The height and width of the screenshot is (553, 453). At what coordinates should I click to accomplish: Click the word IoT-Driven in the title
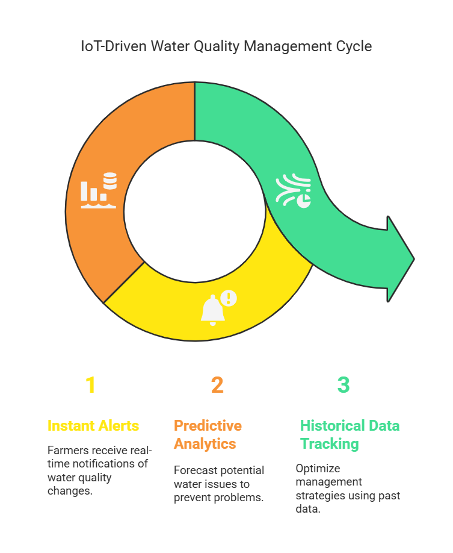point(114,46)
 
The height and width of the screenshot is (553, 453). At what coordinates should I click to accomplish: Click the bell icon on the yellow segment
point(212,310)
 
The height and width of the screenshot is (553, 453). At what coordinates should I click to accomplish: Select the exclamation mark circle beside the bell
point(229,298)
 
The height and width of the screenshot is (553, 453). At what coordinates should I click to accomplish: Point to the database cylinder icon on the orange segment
point(110,181)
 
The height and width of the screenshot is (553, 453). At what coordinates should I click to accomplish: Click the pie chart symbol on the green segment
point(304,201)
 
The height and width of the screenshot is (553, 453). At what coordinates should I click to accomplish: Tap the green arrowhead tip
point(414,259)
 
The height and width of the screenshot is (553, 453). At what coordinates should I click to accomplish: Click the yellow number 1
point(90,384)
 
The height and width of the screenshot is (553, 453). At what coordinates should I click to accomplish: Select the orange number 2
point(217,384)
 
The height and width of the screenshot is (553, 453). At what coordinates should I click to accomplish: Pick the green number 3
point(344,384)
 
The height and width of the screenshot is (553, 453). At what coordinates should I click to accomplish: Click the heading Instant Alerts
point(93,426)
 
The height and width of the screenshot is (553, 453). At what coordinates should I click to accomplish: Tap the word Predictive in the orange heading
point(208,426)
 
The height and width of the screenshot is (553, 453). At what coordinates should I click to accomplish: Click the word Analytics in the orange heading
point(205,444)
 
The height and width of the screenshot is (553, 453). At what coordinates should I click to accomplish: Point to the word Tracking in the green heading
point(330,444)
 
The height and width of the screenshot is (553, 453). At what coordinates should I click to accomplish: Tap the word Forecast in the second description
point(196,470)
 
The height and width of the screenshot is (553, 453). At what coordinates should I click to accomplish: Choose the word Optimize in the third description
point(318,469)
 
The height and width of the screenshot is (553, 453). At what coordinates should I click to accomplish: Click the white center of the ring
point(195,211)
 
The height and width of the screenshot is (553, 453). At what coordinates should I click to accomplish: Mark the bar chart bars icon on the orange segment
point(94,192)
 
